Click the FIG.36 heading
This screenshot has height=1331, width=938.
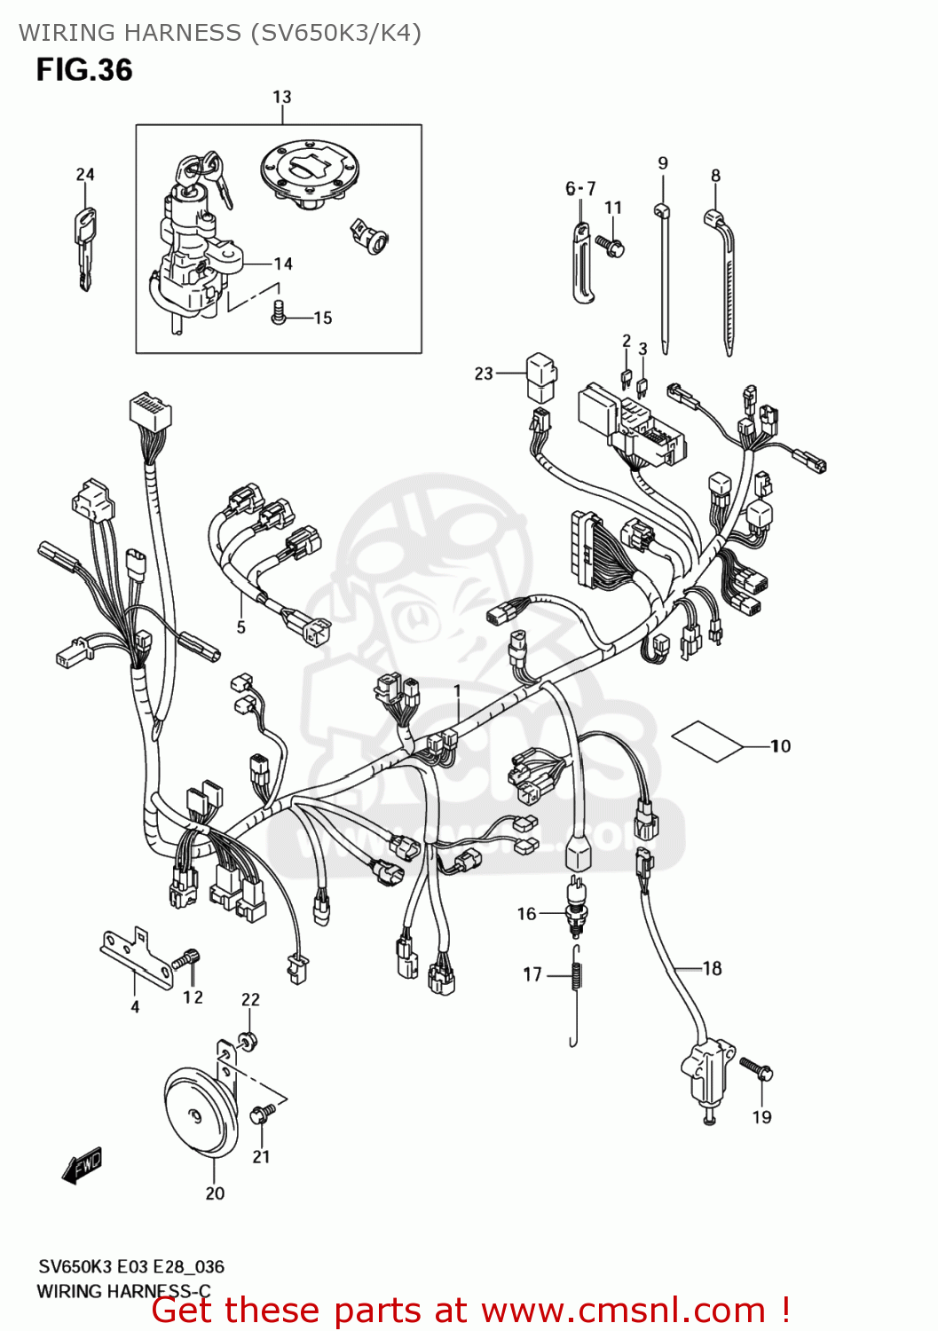[x=84, y=70]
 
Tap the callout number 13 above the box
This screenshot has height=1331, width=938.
[x=281, y=97]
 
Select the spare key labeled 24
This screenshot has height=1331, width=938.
[x=85, y=248]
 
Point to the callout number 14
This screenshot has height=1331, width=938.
[x=283, y=264]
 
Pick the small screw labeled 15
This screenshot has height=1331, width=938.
[x=279, y=312]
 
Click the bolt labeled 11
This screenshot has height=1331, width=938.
[x=611, y=244]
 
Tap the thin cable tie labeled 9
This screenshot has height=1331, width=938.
[x=663, y=275]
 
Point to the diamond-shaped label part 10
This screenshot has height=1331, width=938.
[x=707, y=740]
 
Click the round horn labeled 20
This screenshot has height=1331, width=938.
[x=201, y=1114]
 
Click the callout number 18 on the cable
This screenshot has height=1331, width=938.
[x=712, y=968]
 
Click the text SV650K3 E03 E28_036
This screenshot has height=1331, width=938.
[x=130, y=1266]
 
